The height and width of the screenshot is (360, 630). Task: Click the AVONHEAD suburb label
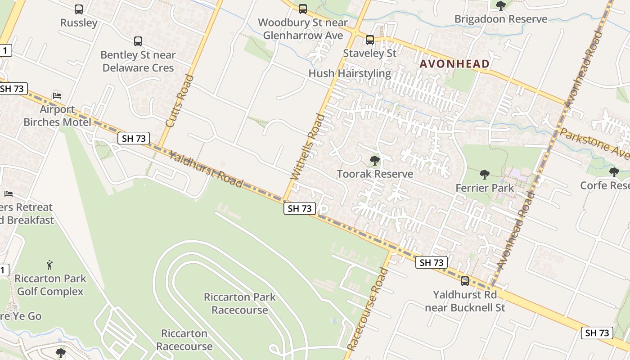454,64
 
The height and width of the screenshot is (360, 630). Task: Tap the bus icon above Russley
79,9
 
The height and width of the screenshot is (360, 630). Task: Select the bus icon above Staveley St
370,40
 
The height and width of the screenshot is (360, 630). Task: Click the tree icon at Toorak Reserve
374,160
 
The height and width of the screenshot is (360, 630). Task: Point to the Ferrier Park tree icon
485,175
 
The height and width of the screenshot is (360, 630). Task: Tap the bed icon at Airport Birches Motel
57,95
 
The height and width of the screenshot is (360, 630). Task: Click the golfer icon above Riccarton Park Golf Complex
49,265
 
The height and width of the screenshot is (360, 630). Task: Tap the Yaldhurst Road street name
206,170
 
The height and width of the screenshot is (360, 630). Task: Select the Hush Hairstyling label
350,73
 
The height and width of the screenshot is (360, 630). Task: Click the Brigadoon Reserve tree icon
500,6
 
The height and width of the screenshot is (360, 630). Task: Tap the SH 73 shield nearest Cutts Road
134,138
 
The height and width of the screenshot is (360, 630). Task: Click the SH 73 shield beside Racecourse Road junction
432,262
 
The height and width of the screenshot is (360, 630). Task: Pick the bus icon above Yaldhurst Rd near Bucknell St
465,281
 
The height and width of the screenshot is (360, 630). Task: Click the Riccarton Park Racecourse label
239,303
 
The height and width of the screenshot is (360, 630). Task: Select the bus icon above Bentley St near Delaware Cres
138,41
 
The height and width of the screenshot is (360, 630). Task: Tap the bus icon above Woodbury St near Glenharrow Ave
303,9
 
